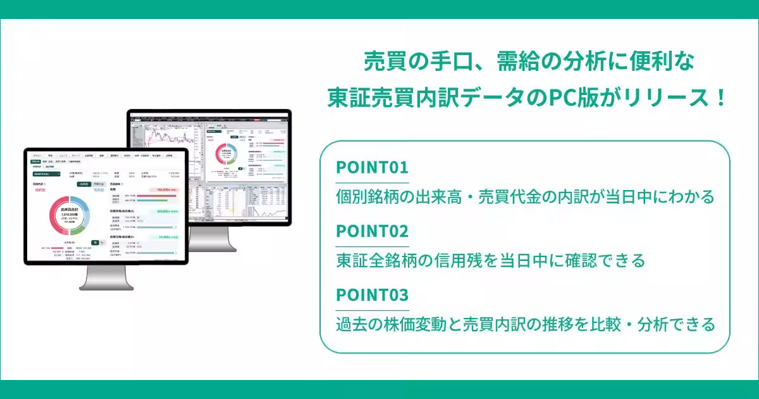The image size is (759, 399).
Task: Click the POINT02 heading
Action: pyautogui.click(x=372, y=231)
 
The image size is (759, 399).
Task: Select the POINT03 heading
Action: pyautogui.click(x=372, y=295)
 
